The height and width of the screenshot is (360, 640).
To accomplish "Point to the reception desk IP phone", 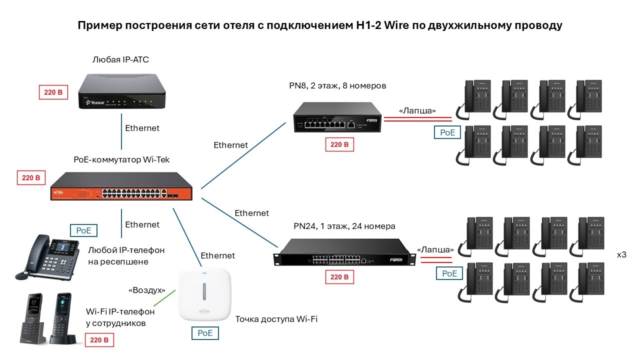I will click(48, 256).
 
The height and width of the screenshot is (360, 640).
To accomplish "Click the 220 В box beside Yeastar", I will click(53, 92).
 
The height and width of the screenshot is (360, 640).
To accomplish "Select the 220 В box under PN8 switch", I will click(339, 145).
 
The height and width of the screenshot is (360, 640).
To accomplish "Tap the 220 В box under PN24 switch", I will click(339, 277).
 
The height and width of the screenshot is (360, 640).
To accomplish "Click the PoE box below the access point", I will click(205, 332).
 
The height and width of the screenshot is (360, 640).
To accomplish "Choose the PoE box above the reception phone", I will click(83, 230).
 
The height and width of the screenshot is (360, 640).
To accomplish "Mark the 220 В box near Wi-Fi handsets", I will click(99, 340).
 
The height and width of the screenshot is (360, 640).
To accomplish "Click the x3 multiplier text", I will click(621, 255).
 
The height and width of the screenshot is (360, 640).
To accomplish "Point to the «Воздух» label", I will click(147, 290).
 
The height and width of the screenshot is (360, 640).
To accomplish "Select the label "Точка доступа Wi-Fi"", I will click(276, 319).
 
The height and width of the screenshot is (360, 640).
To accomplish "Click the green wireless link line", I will click(165, 298).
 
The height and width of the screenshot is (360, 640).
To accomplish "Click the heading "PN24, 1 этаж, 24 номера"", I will click(344, 226).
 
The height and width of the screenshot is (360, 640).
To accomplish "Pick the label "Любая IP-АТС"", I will click(120, 60).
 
